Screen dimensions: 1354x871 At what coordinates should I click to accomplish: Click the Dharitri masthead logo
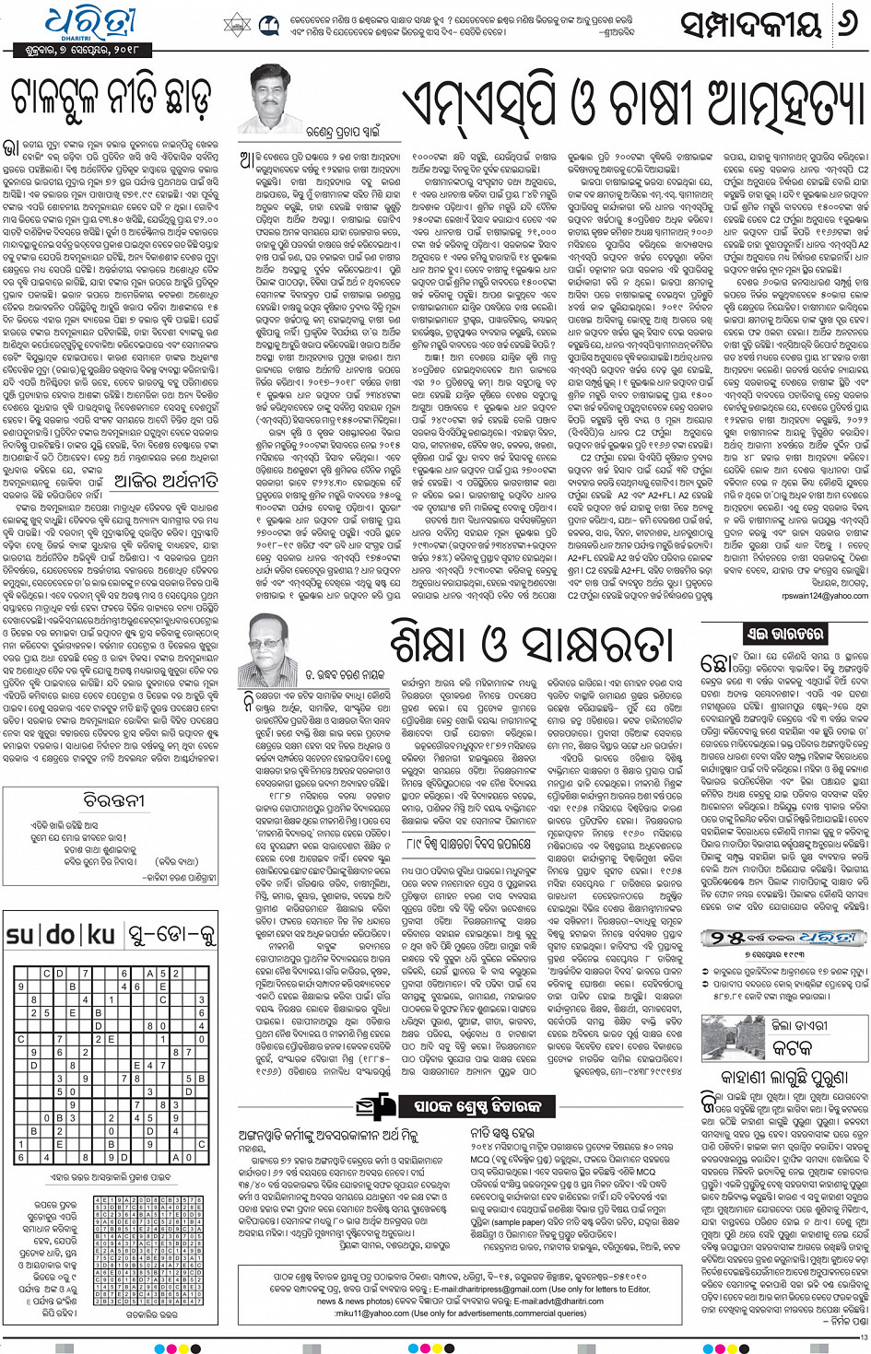point(90,23)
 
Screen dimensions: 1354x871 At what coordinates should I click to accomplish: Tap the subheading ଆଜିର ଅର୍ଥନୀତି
point(166,481)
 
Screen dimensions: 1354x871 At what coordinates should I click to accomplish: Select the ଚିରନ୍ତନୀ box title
point(114,800)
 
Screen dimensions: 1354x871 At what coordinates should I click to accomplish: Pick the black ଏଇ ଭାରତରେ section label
point(786,635)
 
